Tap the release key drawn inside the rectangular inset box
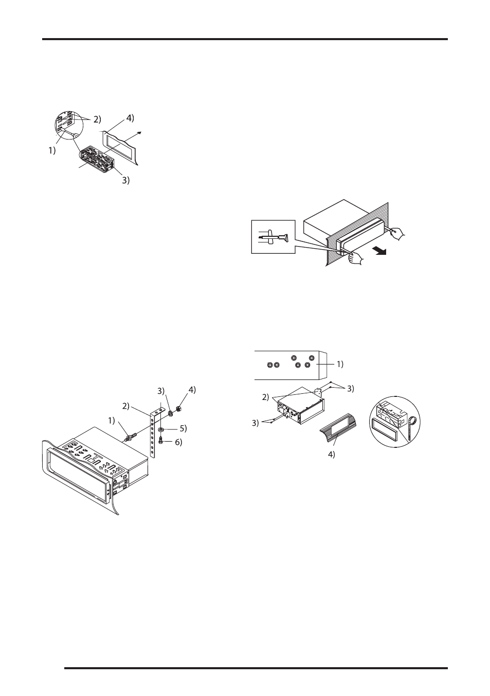[274, 238]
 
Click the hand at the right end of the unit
[396, 233]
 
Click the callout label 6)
[178, 442]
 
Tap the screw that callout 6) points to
[161, 440]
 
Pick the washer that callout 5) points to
[161, 429]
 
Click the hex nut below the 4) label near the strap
[178, 409]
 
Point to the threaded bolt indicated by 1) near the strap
[130, 438]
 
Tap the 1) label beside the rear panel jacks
[340, 364]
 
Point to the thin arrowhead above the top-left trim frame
[140, 133]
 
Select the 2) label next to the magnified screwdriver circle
[97, 119]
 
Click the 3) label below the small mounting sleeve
[125, 180]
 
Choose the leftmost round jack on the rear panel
[269, 365]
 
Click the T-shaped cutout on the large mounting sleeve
[91, 457]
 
